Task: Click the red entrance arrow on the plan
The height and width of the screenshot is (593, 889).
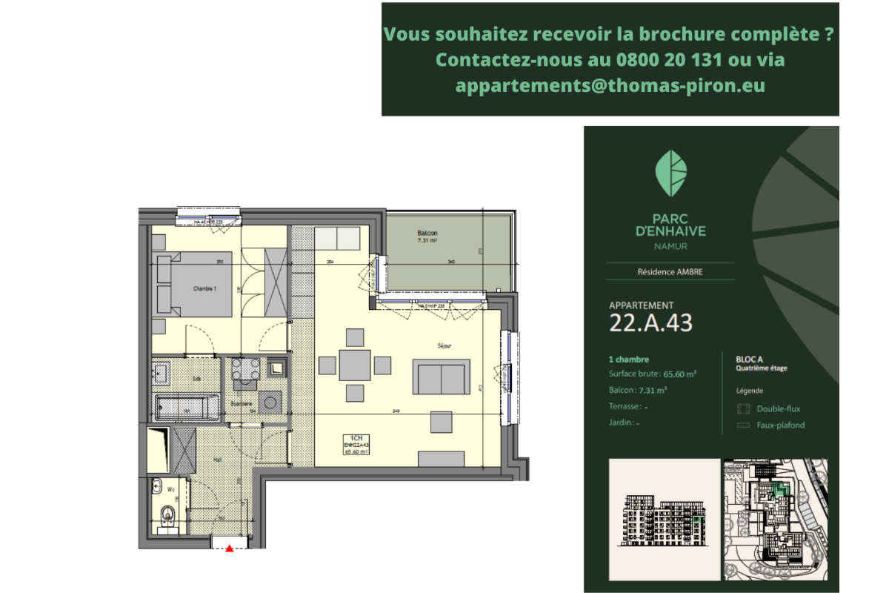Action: point(230,549)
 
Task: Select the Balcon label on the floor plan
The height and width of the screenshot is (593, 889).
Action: point(427,233)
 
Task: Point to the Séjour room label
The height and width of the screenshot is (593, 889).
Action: point(444,345)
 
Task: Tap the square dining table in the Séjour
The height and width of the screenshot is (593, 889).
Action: point(355,365)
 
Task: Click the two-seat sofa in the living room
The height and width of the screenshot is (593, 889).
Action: point(442,377)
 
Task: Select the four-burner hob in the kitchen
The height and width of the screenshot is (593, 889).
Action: point(244,369)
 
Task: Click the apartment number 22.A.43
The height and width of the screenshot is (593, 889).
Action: point(650,322)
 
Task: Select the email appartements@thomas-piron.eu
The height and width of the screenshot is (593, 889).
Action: point(610,85)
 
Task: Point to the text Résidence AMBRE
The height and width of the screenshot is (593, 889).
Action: point(670,272)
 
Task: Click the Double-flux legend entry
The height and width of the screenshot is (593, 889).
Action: point(778,408)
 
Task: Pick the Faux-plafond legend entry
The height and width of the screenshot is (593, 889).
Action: point(780,425)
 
